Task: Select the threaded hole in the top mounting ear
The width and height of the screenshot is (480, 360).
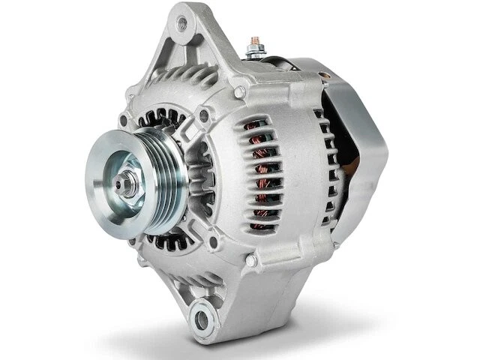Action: (181, 23)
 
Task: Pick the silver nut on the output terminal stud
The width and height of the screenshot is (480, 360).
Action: (254, 51)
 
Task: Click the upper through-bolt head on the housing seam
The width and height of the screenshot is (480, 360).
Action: (239, 92)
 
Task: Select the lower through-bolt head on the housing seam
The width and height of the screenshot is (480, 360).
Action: (250, 260)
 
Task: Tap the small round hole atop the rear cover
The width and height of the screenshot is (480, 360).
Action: (323, 75)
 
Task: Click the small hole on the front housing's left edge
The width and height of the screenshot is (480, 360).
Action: (123, 120)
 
